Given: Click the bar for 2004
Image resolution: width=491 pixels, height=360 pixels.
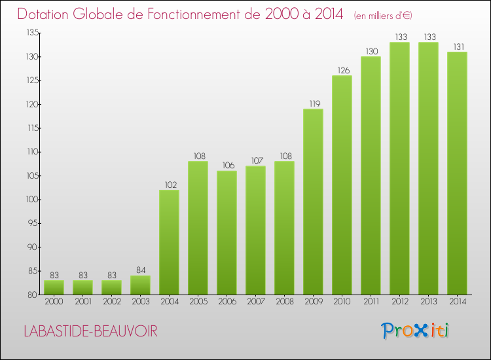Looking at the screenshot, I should [x=169, y=242].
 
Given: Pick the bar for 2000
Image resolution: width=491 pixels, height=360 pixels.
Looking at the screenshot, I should [x=54, y=287].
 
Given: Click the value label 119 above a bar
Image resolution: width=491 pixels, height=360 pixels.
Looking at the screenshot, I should [x=313, y=103].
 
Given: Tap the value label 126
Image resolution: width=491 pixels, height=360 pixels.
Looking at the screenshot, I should [x=342, y=71].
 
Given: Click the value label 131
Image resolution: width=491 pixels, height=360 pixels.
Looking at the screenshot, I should [x=457, y=46].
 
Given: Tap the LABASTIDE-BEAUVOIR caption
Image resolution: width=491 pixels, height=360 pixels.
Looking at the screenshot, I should [x=90, y=332].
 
